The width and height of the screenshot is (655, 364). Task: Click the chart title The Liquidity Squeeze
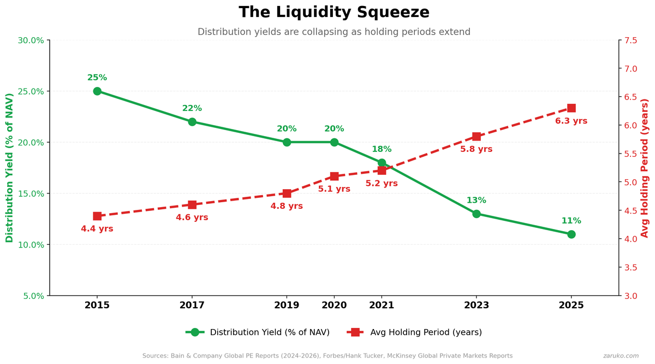334,12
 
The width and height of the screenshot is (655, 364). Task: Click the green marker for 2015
97,91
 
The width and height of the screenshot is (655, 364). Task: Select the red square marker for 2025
571,108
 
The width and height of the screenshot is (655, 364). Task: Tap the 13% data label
476,201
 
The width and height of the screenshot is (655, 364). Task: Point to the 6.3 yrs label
571,121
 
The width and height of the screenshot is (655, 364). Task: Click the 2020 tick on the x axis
334,305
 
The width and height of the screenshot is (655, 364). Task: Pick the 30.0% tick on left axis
31,40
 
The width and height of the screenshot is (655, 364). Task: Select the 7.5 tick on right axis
632,40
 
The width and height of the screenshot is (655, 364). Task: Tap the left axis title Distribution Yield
9,168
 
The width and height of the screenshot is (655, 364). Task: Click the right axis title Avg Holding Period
645,168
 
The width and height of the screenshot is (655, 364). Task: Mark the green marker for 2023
476,214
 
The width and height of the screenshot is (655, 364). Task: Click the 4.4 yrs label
97,228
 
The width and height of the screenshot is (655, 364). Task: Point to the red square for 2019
287,193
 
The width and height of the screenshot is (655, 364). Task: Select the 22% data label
192,108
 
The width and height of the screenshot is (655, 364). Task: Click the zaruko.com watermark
621,356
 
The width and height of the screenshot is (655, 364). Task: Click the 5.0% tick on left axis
31,296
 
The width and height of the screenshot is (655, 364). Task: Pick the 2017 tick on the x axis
192,305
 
